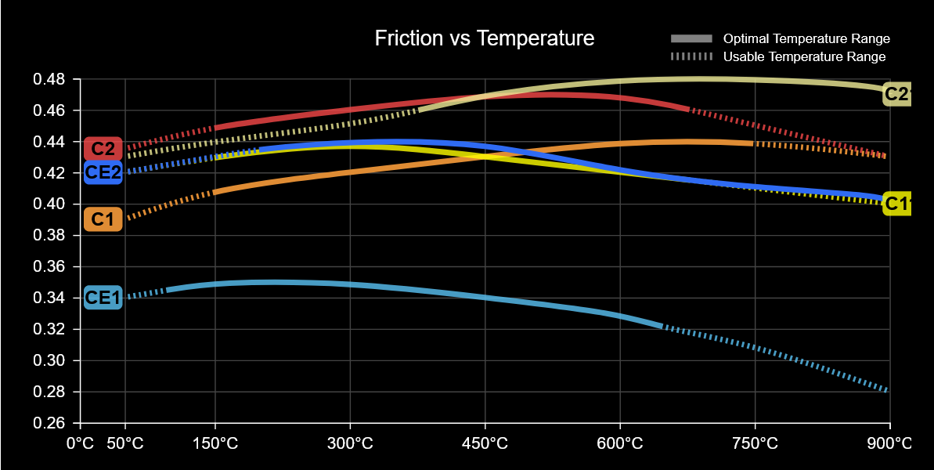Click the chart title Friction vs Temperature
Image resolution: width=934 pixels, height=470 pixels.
(485, 38)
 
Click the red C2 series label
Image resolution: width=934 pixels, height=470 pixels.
(103, 148)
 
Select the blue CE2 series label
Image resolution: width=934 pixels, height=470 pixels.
(103, 172)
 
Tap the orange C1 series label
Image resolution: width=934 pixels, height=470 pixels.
(103, 219)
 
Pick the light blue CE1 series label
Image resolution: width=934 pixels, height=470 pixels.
(103, 298)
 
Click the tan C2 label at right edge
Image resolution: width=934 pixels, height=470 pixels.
(897, 95)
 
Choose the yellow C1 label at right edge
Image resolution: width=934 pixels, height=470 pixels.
(897, 204)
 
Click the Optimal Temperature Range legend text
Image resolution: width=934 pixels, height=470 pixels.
(806, 38)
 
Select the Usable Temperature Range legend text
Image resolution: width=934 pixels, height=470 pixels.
(804, 56)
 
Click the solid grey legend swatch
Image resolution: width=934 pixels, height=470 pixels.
(691, 38)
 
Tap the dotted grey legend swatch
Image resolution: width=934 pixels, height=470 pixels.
(691, 56)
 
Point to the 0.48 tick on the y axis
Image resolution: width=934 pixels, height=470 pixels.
(49, 79)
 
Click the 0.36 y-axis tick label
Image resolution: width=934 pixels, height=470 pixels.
(49, 267)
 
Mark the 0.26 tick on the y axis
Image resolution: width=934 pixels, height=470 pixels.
(49, 423)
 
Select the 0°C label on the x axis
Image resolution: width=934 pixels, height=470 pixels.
(81, 443)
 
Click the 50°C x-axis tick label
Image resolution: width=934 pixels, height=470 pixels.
(125, 443)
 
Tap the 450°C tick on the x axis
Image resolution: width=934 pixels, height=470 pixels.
(485, 443)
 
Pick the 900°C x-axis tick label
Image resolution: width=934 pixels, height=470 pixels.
(889, 443)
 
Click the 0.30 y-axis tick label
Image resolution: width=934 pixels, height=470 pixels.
(49, 360)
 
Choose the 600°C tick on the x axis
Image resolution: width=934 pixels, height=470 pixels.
(620, 443)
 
